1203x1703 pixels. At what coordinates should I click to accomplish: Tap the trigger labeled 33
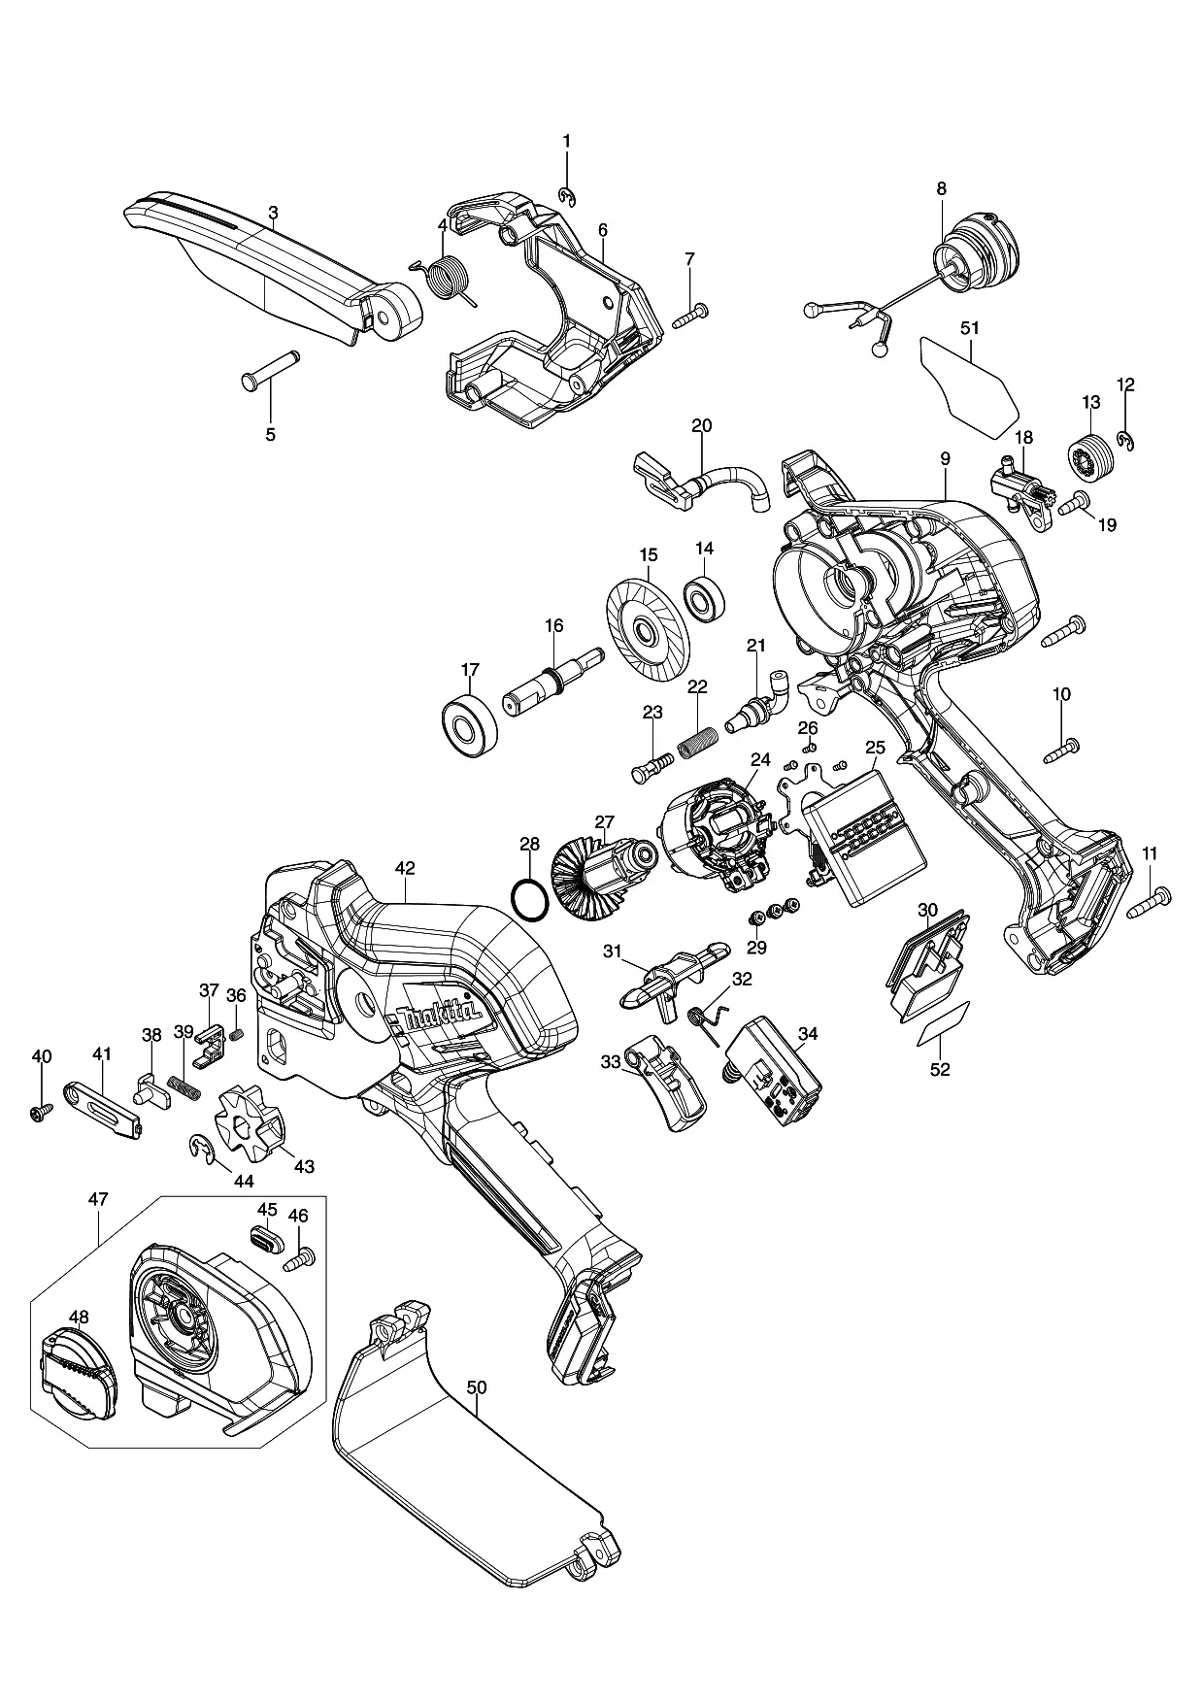[667, 1081]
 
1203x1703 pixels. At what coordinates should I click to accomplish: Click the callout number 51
[970, 328]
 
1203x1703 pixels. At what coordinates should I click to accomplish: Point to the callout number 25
[875, 747]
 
